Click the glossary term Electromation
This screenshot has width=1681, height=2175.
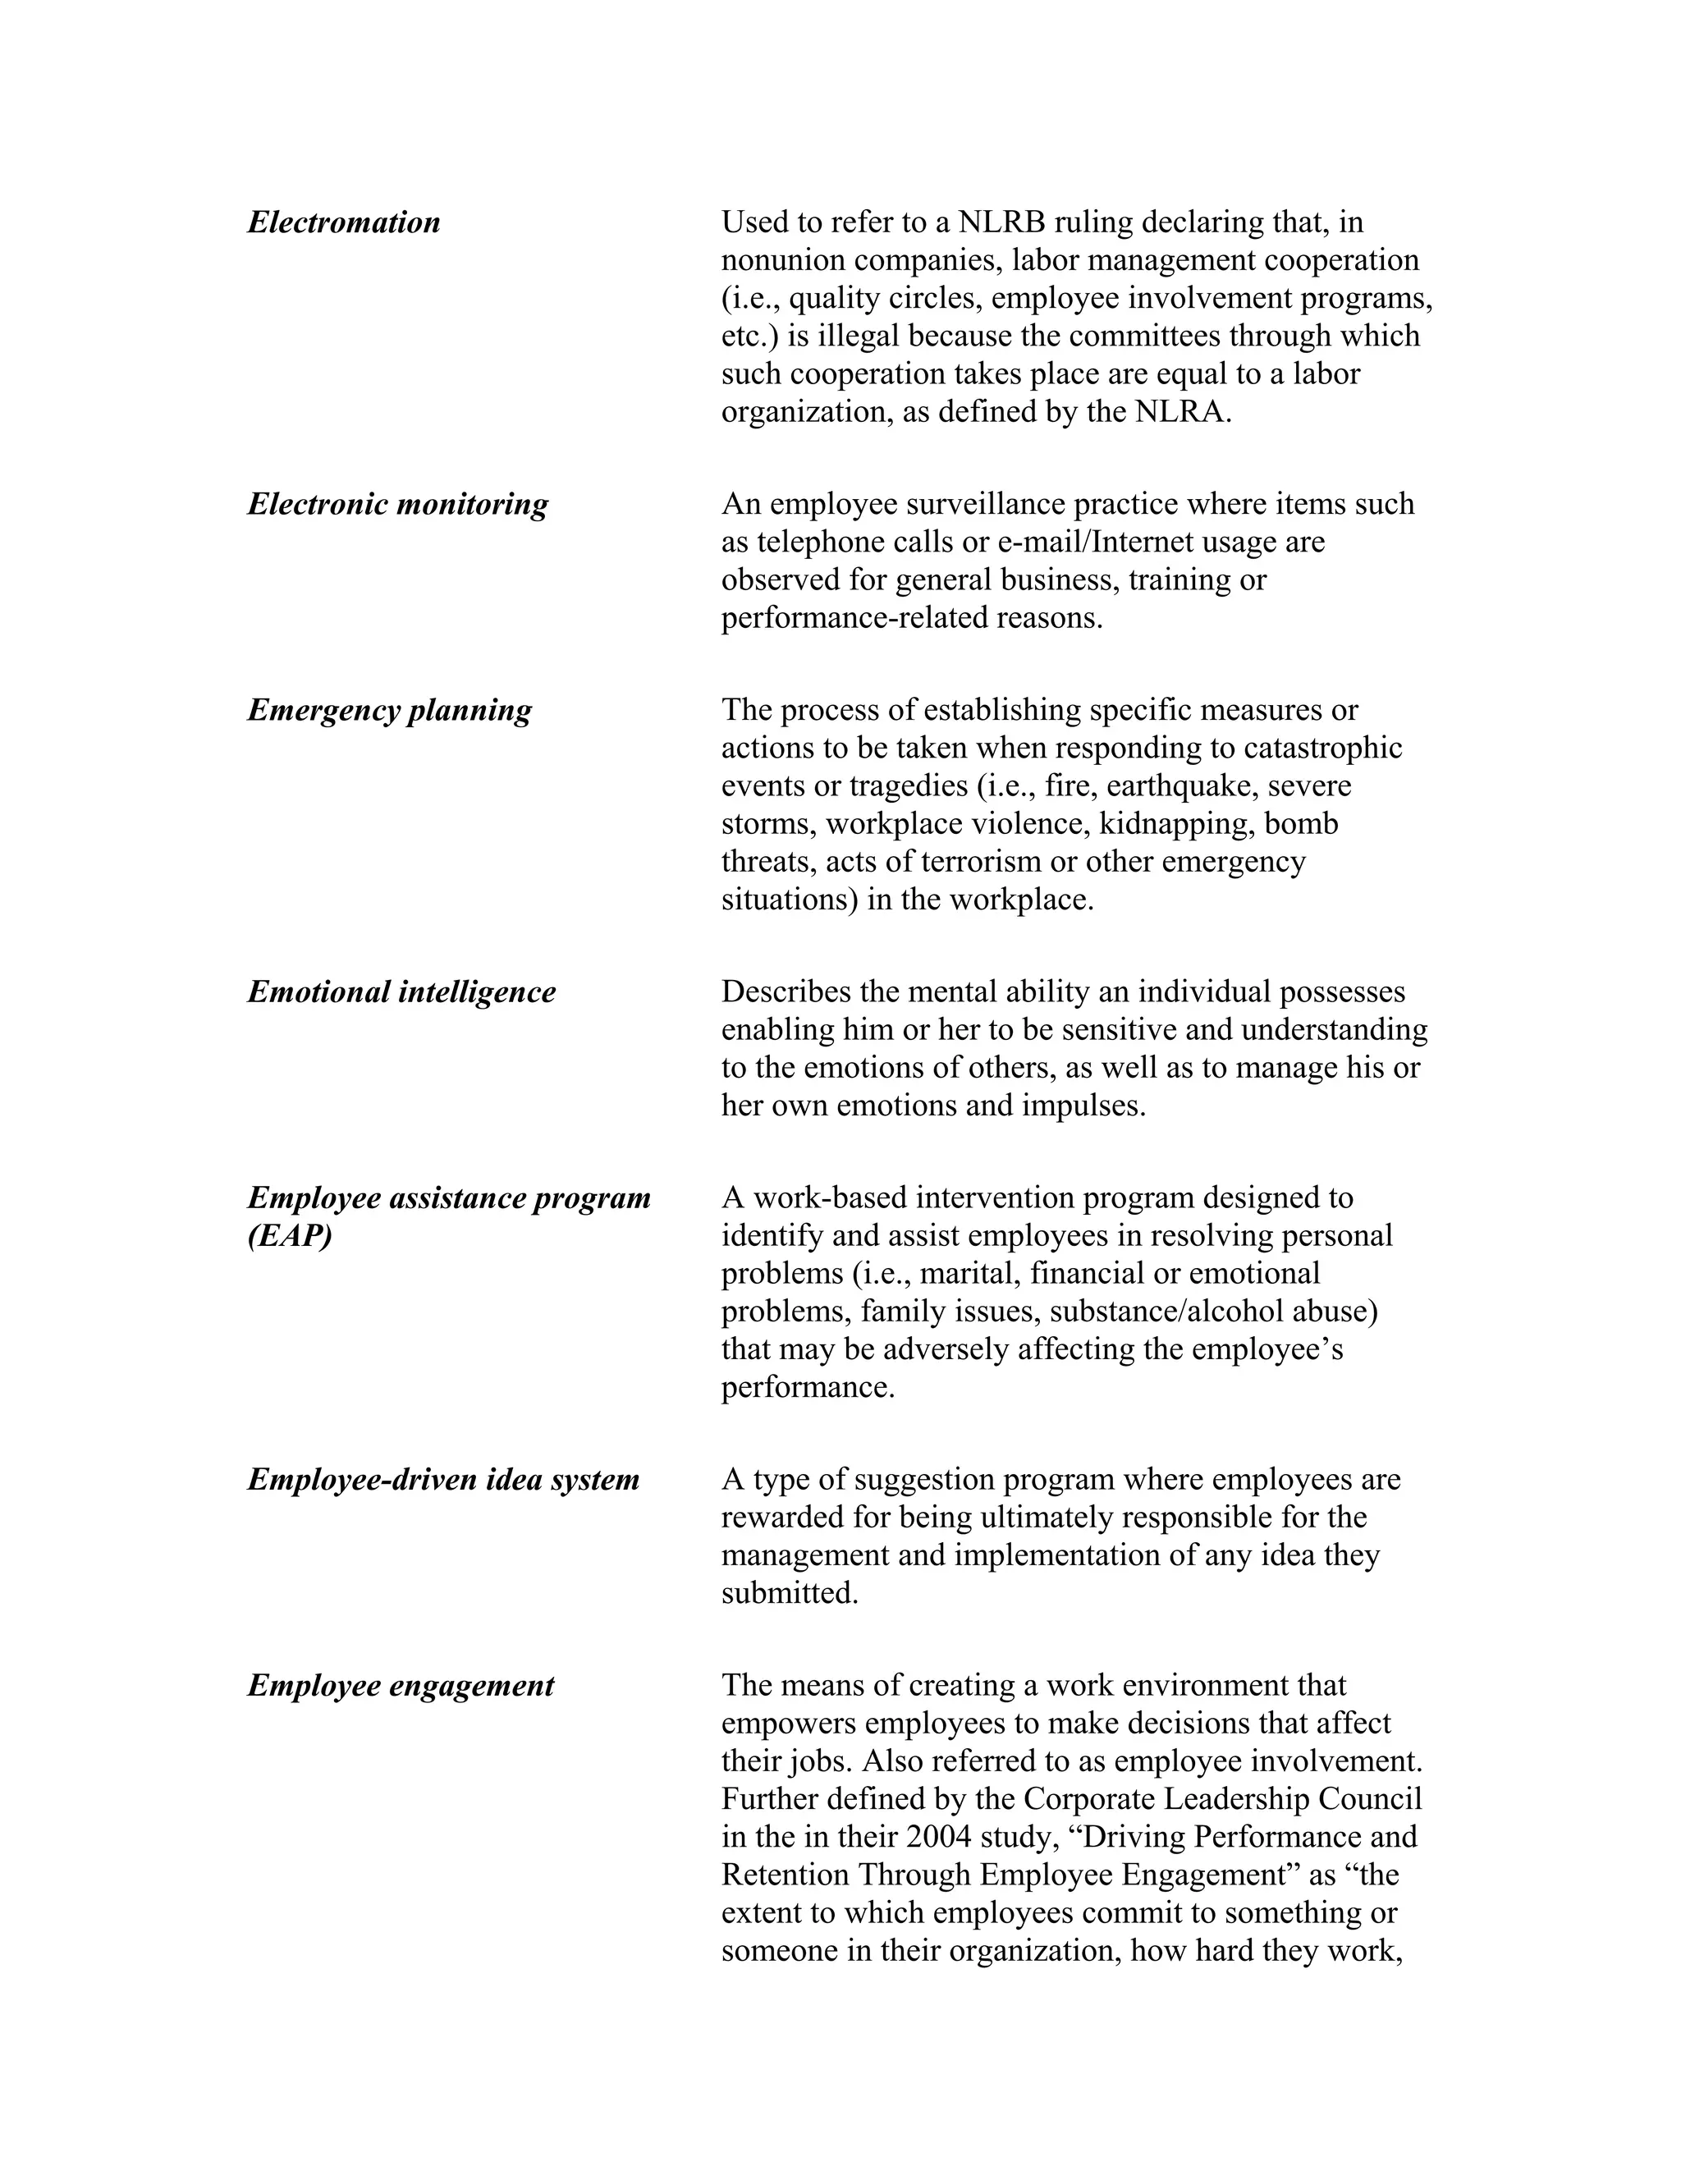pyautogui.click(x=344, y=222)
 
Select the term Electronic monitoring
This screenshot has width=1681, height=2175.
pyautogui.click(x=397, y=504)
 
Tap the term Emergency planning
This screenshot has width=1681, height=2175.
pyautogui.click(x=389, y=710)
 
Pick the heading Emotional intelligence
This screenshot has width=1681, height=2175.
pyautogui.click(x=401, y=992)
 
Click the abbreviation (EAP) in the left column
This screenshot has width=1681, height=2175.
pyautogui.click(x=290, y=1236)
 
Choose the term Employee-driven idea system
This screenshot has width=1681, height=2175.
pyautogui.click(x=443, y=1480)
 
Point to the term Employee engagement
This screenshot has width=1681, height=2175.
pyautogui.click(x=401, y=1686)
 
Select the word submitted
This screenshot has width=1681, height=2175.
pyautogui.click(x=789, y=1593)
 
